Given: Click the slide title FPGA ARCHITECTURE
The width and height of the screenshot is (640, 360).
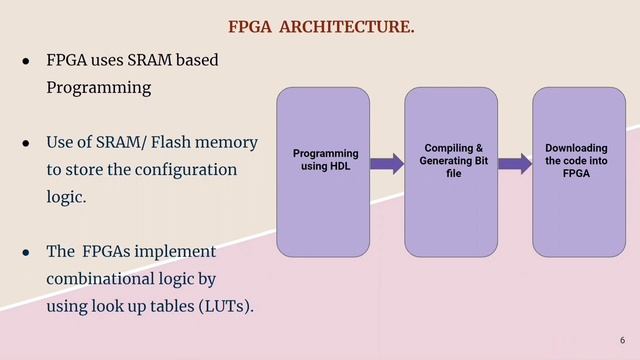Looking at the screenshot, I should (321, 27).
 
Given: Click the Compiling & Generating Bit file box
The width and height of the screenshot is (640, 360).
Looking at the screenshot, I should (452, 171).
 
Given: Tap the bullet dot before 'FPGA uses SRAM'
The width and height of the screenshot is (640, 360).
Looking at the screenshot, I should (27, 61).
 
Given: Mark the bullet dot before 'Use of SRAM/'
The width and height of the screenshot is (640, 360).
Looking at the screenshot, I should (27, 143).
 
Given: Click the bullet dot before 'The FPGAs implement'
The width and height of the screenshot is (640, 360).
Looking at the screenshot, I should (27, 252).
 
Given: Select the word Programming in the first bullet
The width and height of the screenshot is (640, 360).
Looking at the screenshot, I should (99, 88).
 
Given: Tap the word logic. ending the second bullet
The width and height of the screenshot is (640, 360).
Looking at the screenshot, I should (66, 197).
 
